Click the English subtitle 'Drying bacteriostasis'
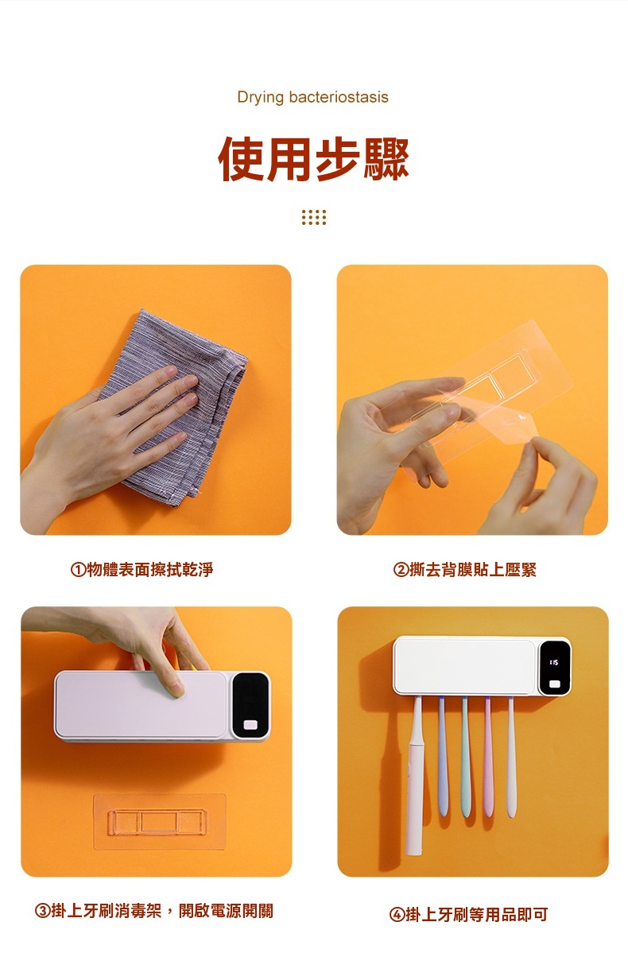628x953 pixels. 312,97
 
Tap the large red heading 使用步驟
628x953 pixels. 313,159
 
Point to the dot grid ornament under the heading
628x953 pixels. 314,218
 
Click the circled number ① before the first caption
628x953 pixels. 79,570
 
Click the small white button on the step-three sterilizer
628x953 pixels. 250,725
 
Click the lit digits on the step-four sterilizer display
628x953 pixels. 554,662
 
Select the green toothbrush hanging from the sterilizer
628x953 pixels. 465,757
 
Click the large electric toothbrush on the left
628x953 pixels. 415,776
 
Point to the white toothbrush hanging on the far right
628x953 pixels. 512,757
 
